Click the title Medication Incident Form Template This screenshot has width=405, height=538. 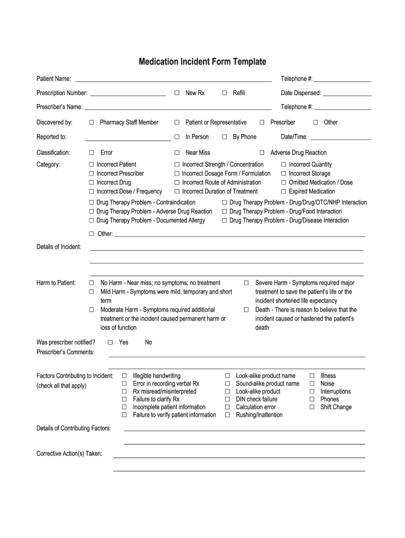point(202,62)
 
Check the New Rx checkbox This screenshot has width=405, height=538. point(177,93)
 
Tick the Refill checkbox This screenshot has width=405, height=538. point(224,93)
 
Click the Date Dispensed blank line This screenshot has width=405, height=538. point(347,95)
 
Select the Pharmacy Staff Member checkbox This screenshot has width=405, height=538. point(92,122)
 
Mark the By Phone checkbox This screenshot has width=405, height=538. point(224,137)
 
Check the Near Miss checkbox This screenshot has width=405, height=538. point(177,153)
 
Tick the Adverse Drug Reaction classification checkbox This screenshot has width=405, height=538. point(262,153)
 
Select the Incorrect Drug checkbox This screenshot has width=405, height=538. point(92,183)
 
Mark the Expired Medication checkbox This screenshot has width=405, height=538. point(283,192)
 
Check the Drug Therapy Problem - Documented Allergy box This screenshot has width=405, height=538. point(92,221)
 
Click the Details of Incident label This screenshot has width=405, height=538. point(59,247)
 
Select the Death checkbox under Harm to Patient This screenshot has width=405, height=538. point(246,310)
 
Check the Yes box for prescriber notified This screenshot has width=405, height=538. point(110,343)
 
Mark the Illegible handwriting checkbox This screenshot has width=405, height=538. point(124,376)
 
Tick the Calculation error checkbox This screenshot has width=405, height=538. point(228,407)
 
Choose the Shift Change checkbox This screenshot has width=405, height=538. point(312,407)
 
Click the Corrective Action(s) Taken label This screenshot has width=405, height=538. point(69,453)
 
